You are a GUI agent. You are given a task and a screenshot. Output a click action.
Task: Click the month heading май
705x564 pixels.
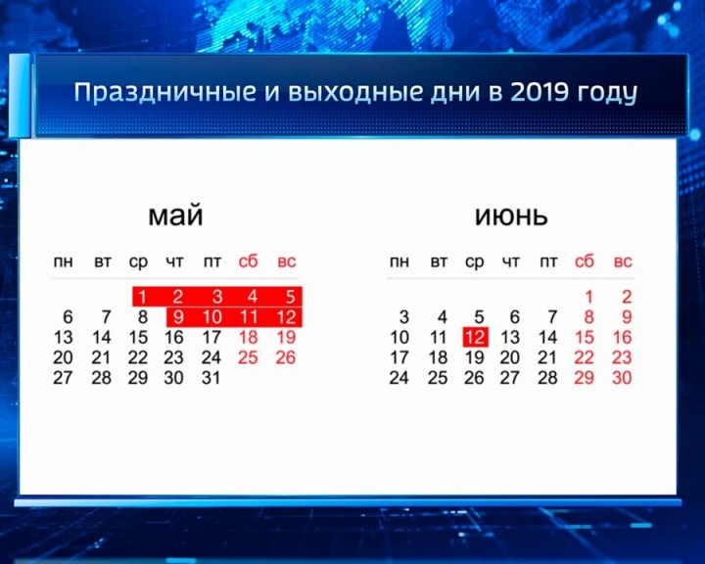[x=175, y=215]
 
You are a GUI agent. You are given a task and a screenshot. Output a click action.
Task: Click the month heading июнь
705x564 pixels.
[x=511, y=215]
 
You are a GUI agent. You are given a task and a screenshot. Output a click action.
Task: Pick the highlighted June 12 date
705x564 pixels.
[x=475, y=337]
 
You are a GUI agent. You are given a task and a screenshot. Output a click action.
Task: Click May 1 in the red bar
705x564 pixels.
[x=142, y=297]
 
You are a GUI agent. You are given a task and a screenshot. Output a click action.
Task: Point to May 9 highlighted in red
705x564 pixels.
[x=177, y=317]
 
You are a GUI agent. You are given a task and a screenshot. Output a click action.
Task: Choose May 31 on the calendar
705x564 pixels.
[x=211, y=378]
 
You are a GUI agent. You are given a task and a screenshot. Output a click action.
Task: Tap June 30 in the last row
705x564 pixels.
[x=622, y=378]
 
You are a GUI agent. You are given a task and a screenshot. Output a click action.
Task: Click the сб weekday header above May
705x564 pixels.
[x=249, y=262]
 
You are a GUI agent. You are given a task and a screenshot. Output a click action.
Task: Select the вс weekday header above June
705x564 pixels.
[x=623, y=262]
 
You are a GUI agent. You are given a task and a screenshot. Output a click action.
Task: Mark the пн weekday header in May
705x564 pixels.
[x=63, y=262]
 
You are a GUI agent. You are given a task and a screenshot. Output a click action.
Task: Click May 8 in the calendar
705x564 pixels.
[x=142, y=317]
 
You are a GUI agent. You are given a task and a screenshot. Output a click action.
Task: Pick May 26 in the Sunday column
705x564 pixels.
[x=285, y=357]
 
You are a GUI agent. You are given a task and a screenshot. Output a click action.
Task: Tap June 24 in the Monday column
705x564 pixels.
[x=399, y=378]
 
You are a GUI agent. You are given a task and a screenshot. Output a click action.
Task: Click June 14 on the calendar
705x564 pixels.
[x=548, y=337]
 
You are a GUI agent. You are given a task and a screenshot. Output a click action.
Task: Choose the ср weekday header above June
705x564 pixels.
[x=475, y=262]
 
